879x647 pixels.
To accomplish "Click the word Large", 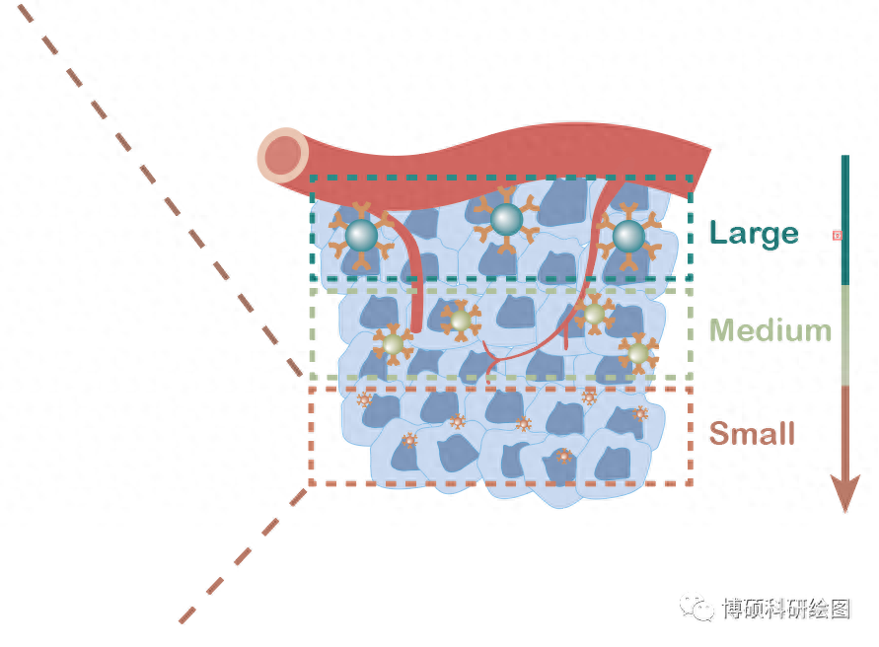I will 754,233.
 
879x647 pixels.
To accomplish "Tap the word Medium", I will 770,329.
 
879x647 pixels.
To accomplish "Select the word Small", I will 752,433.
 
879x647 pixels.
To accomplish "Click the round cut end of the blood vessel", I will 283,155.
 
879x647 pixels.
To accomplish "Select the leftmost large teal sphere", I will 361,235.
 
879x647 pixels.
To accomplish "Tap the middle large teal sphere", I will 506,218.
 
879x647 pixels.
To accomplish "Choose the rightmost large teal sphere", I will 628,236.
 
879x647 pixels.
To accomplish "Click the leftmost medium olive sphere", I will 393,344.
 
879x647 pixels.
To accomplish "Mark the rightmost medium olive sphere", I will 637,352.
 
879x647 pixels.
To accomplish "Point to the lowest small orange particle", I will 563,457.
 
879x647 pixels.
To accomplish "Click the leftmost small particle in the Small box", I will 364,399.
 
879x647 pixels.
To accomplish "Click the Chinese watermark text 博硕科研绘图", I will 785,609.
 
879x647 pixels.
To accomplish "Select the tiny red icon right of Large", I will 838,235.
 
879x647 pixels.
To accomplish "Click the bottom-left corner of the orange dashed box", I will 311,483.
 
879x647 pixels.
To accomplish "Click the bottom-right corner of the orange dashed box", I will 692,483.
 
